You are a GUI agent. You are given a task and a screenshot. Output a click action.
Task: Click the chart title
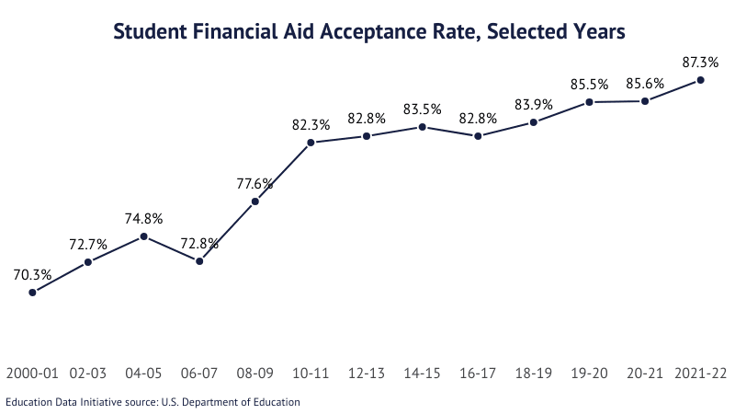click(x=368, y=32)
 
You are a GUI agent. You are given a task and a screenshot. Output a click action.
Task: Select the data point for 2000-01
click(x=32, y=293)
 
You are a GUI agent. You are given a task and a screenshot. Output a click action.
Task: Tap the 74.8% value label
click(x=144, y=219)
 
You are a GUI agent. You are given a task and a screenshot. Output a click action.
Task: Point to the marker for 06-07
click(x=199, y=261)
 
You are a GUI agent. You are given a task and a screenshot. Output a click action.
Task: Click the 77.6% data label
click(x=254, y=184)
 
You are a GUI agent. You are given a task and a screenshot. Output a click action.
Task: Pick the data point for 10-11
click(x=311, y=143)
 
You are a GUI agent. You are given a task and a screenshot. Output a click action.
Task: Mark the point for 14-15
click(x=422, y=127)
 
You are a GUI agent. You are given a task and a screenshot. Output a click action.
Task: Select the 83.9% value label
click(x=533, y=104)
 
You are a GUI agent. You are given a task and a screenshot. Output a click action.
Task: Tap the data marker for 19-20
click(x=589, y=101)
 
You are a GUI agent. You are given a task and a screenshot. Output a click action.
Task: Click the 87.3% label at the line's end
click(x=700, y=62)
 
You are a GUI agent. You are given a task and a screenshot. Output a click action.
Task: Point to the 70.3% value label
click(x=32, y=274)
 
